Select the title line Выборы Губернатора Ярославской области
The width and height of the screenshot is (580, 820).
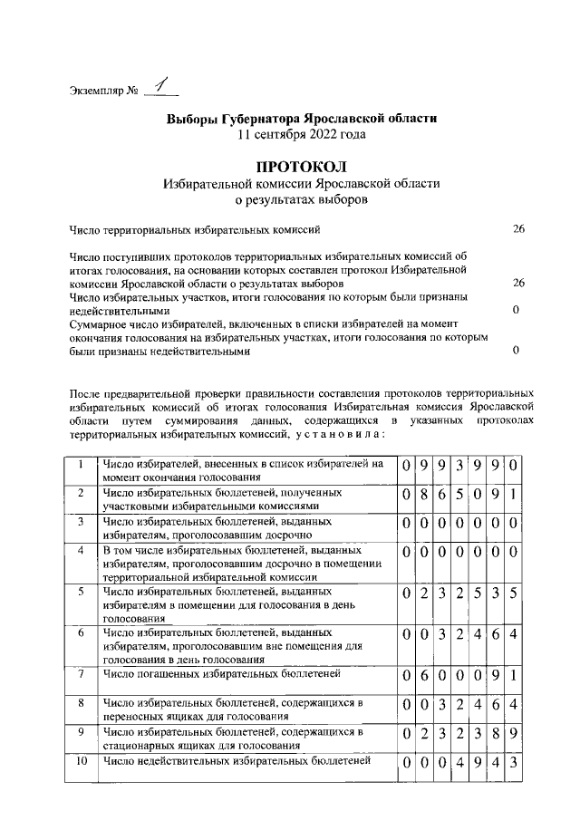[x=301, y=119]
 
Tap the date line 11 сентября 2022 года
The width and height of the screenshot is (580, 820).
[x=301, y=134]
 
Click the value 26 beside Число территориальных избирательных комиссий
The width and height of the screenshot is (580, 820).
[x=518, y=230]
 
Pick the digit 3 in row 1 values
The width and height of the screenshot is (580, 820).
[x=460, y=467]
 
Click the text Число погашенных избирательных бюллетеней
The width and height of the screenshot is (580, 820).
[x=221, y=673]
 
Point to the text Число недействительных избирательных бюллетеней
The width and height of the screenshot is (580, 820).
[x=237, y=760]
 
